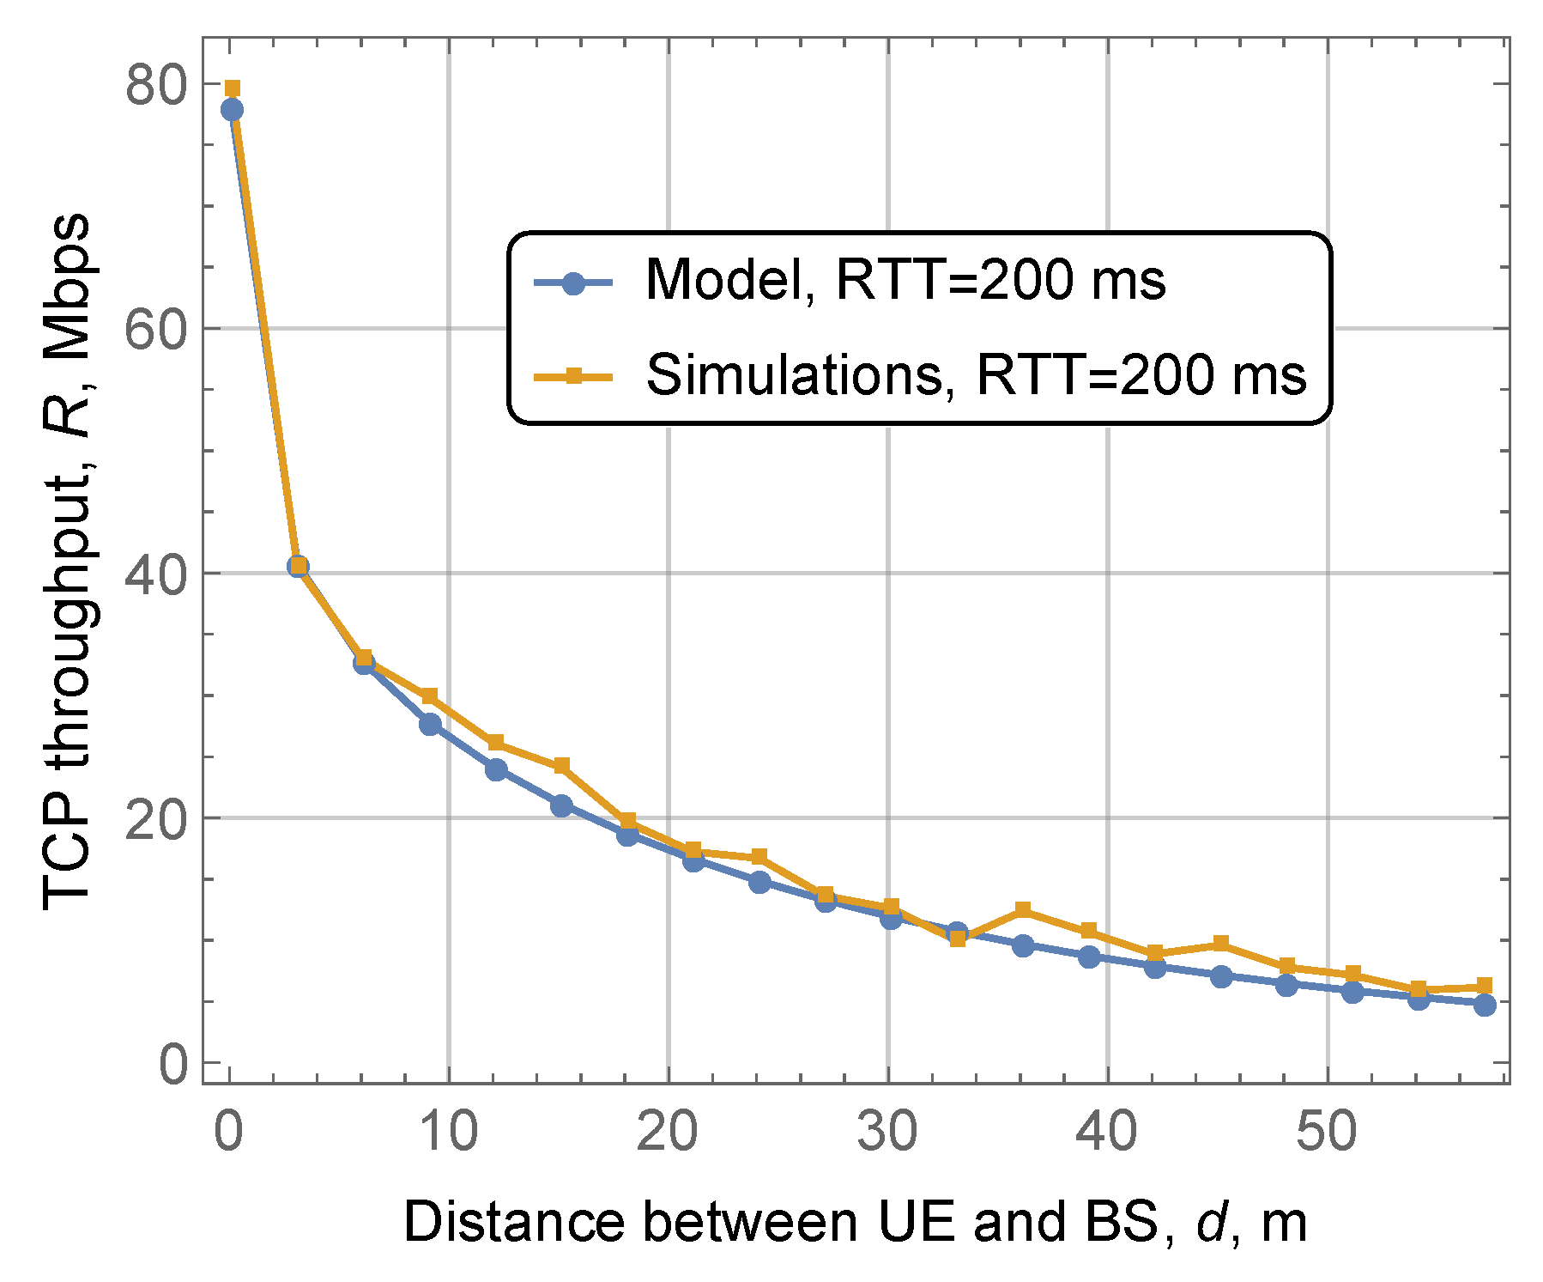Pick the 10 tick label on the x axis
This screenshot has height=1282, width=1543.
coord(448,1132)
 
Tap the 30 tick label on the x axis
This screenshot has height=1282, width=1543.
coord(887,1132)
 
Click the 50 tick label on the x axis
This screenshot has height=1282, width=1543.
coord(1327,1132)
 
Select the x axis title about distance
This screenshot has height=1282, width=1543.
coord(855,1222)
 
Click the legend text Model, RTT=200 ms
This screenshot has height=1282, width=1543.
coord(905,280)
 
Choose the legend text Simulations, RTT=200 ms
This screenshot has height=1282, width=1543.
coord(976,375)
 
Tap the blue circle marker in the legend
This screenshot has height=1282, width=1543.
coord(573,282)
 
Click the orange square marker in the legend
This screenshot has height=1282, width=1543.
coord(573,376)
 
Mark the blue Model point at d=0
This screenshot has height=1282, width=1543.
coord(232,110)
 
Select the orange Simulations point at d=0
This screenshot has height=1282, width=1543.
coord(232,88)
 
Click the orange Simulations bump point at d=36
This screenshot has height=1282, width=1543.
coord(1022,910)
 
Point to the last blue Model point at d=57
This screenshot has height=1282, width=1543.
coord(1485,1005)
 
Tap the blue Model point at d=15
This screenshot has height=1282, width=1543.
coord(561,805)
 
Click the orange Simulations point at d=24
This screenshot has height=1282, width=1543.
coord(759,858)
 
